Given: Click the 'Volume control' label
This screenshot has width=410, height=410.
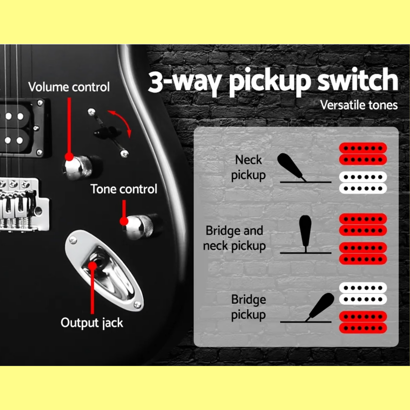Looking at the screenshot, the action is click(x=69, y=87).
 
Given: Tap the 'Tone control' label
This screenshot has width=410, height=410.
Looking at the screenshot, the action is click(x=124, y=189).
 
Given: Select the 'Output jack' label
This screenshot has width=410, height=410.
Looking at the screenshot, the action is click(x=92, y=323).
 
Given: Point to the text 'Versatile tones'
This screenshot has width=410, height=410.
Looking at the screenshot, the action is click(x=359, y=105).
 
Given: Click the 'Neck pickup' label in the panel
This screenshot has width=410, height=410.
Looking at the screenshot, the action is click(x=248, y=168).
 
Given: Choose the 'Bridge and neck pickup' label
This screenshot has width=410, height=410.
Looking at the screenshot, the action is click(x=234, y=238).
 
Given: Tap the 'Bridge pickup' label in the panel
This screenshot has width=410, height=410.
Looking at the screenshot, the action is click(x=249, y=307).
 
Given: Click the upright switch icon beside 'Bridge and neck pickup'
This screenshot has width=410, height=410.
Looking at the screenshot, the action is click(x=305, y=234).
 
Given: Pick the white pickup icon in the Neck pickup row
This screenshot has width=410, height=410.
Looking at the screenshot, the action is click(x=363, y=183).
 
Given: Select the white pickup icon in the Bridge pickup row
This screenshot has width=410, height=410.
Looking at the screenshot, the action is click(x=363, y=294).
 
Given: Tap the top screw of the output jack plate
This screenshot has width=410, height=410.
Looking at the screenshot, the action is click(x=73, y=240).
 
